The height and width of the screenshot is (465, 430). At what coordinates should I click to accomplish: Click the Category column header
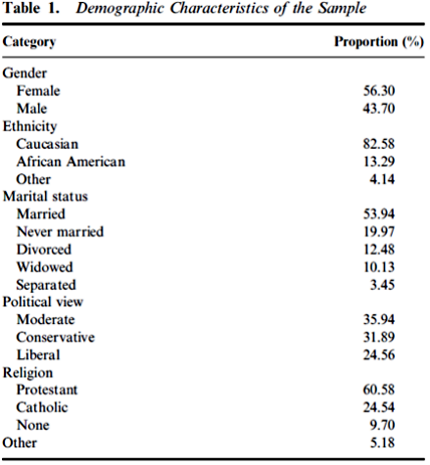[29, 42]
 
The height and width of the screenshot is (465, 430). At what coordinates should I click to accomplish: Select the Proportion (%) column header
[379, 42]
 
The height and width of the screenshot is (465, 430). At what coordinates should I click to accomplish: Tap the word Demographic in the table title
[119, 9]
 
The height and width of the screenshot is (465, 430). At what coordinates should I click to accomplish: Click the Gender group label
[24, 73]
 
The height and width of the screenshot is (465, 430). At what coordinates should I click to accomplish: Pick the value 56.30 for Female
[379, 91]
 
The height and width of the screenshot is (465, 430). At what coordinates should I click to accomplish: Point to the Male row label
[31, 109]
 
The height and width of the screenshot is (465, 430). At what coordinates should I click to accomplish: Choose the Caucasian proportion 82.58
[379, 144]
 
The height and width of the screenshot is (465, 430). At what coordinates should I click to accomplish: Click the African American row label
[71, 162]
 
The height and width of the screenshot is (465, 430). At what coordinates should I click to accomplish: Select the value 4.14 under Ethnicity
[382, 179]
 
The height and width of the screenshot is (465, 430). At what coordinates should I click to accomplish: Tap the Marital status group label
[45, 197]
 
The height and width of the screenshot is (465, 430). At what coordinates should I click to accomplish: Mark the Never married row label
[60, 232]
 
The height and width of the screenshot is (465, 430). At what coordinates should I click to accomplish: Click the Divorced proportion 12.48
[379, 250]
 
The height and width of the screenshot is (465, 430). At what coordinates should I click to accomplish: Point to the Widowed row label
[45, 267]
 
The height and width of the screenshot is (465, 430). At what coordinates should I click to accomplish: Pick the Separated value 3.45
[382, 285]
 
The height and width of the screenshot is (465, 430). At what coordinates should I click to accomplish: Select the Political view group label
[43, 302]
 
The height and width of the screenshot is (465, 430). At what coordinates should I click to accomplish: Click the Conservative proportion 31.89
[379, 337]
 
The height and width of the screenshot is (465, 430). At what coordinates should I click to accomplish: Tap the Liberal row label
[38, 354]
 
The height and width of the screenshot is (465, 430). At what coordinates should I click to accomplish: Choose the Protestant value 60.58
[379, 390]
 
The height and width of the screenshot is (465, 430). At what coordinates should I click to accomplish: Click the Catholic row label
[42, 407]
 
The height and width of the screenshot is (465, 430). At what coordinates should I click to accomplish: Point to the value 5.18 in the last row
[382, 442]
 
